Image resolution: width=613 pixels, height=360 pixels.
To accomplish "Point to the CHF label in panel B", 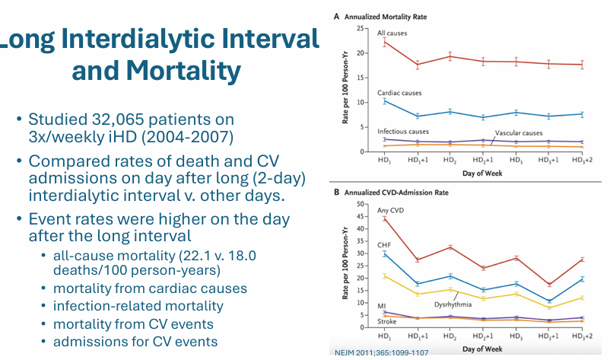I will (384, 244).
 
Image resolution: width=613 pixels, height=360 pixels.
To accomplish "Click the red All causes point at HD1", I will (386, 42).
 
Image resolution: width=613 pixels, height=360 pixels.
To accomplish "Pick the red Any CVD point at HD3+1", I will (549, 285).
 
